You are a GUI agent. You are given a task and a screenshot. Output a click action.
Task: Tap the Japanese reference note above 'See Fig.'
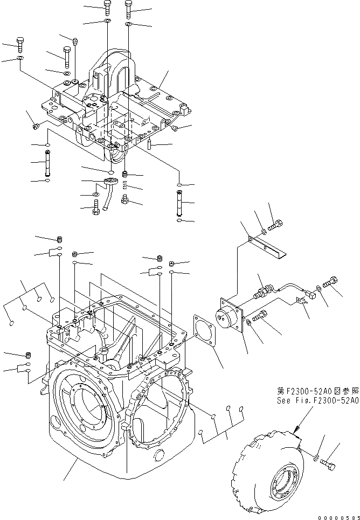[x=317, y=392]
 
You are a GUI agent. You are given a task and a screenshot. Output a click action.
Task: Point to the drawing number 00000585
[x=336, y=516]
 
